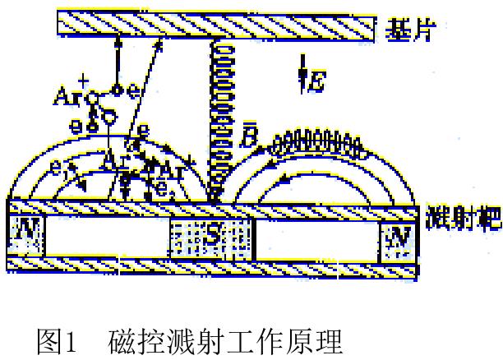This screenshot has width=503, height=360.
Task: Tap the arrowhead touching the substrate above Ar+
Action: point(119,40)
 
